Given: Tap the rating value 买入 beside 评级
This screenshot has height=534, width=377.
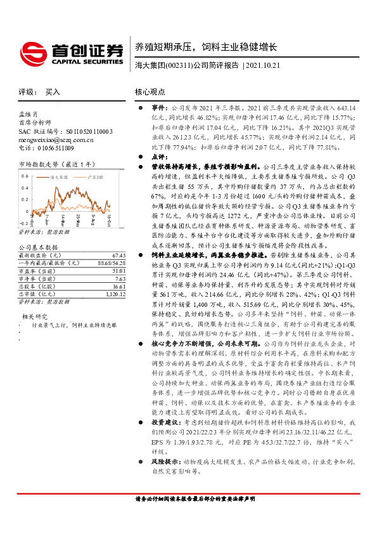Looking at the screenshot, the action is tap(53, 92).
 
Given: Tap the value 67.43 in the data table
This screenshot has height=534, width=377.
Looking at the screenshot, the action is tap(119, 254).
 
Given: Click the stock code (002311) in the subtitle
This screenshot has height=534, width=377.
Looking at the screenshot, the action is tap(177, 66).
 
